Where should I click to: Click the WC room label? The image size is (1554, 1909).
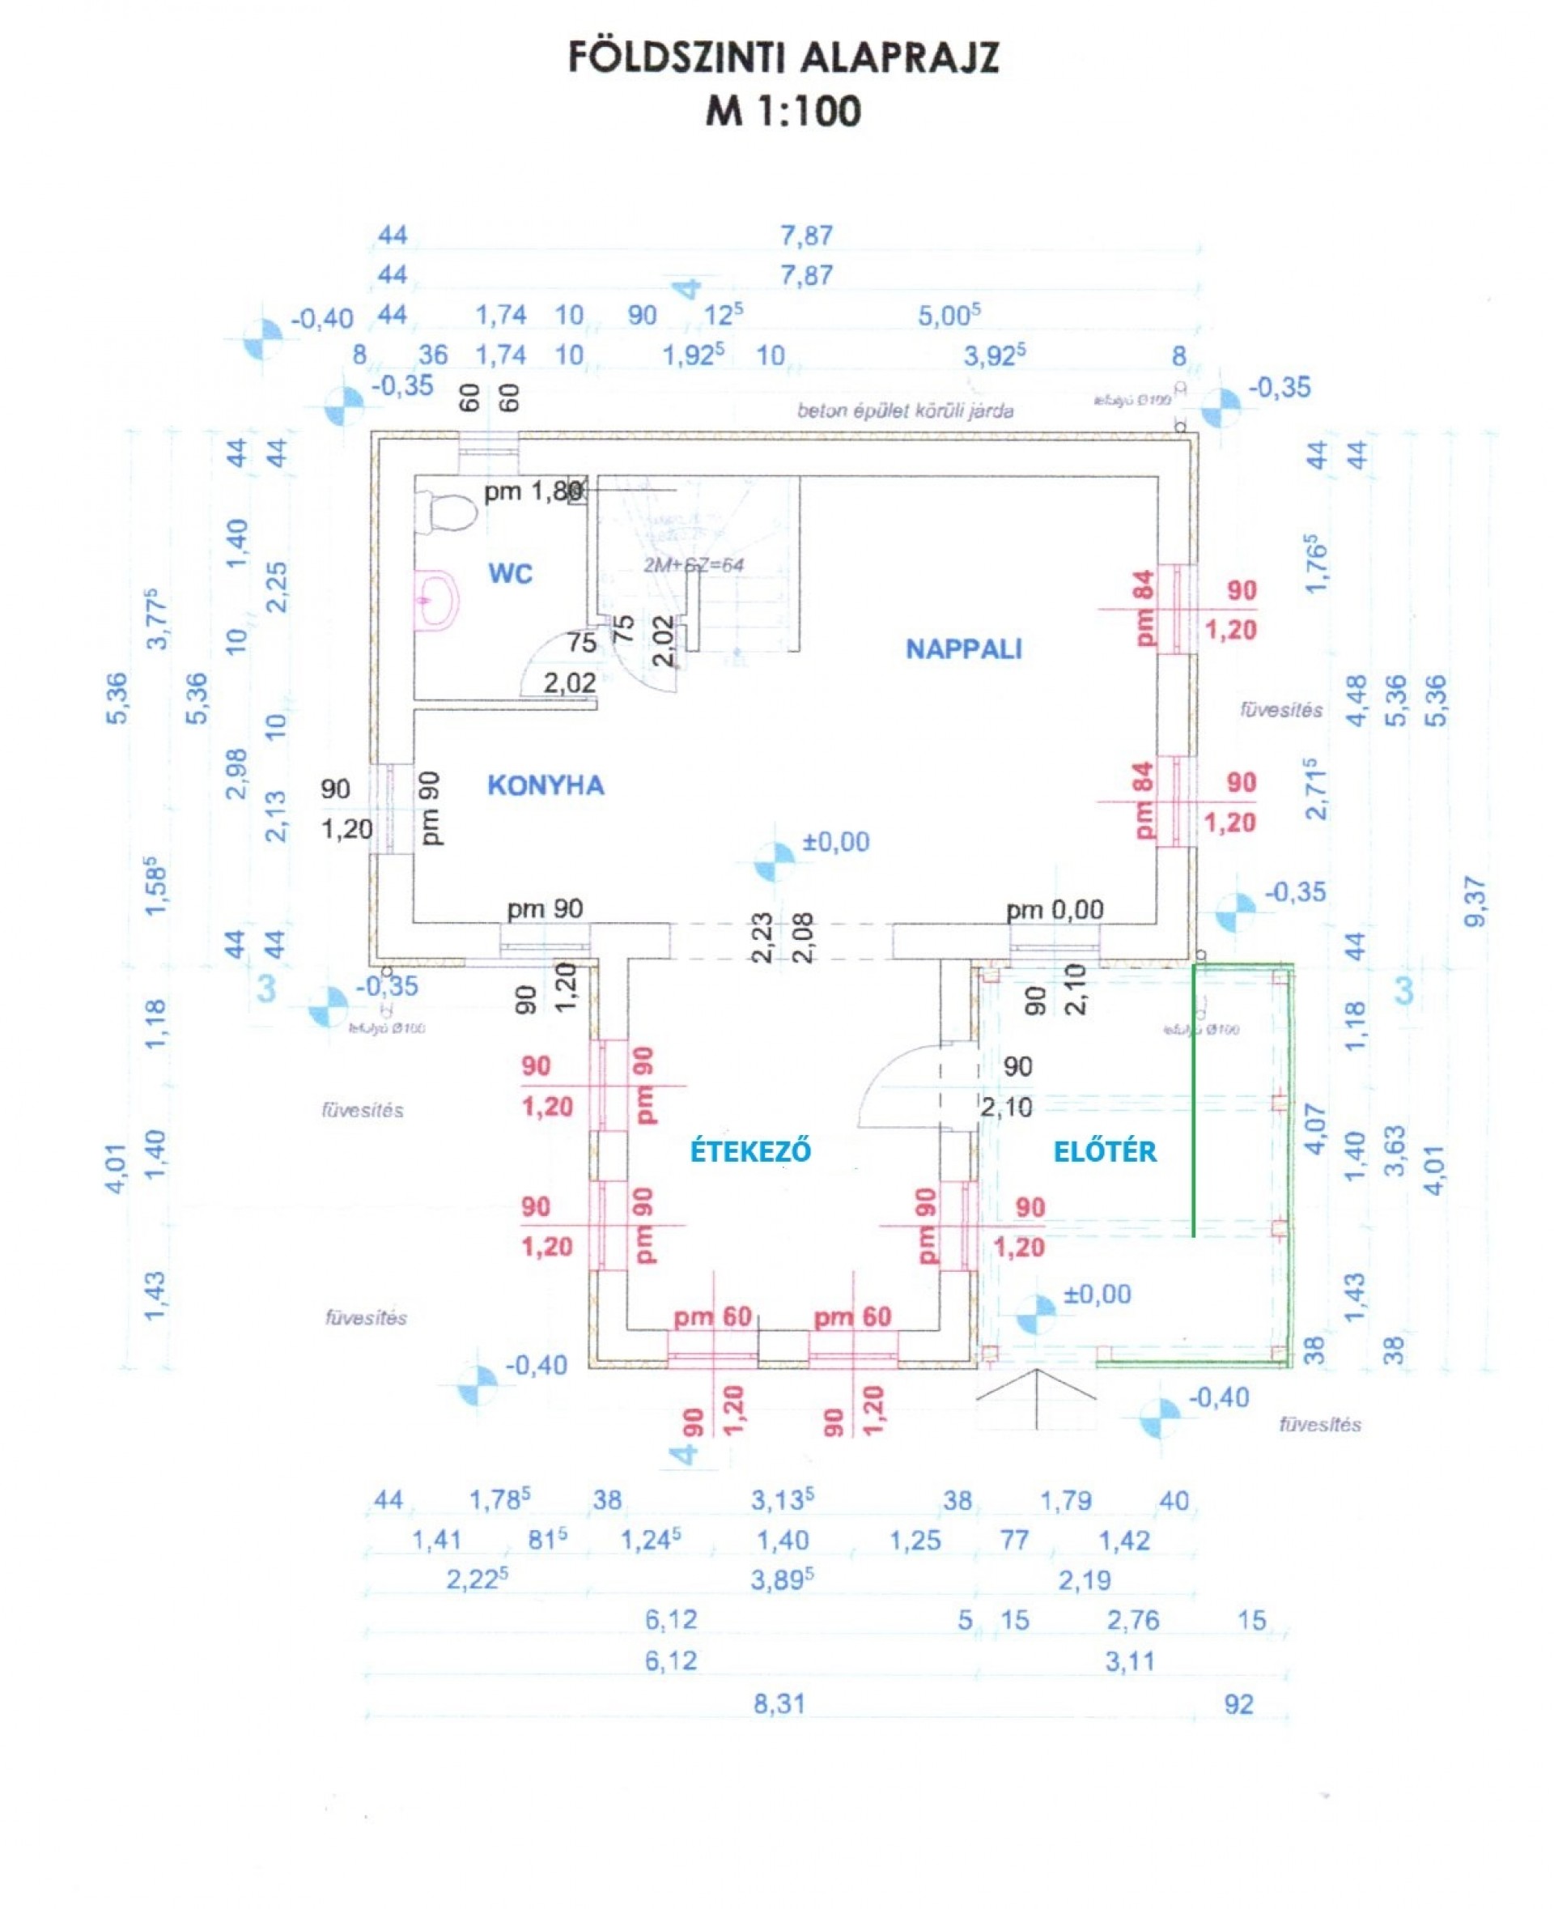(x=510, y=573)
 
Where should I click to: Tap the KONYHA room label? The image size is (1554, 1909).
(x=546, y=785)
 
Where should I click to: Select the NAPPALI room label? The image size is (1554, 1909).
(x=963, y=649)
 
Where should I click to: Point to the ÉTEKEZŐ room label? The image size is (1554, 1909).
(x=750, y=1150)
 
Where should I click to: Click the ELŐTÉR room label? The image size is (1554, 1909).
(x=1105, y=1151)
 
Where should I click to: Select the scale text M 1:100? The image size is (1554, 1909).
(x=783, y=111)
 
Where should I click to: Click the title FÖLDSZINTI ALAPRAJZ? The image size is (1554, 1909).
(x=783, y=58)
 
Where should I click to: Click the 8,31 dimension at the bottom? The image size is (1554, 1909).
(x=779, y=1704)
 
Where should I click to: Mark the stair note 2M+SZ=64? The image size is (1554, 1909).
(x=693, y=565)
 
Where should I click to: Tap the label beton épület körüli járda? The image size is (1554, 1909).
(x=905, y=411)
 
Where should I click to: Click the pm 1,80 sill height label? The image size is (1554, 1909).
(x=533, y=491)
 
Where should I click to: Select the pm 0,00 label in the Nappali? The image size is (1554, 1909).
(x=1055, y=911)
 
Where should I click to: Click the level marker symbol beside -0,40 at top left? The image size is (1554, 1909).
(x=263, y=339)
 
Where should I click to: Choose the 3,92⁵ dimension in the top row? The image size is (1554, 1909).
(x=994, y=355)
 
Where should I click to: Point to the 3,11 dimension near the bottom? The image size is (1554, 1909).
(x=1130, y=1662)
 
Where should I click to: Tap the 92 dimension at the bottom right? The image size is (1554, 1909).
(x=1238, y=1704)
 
